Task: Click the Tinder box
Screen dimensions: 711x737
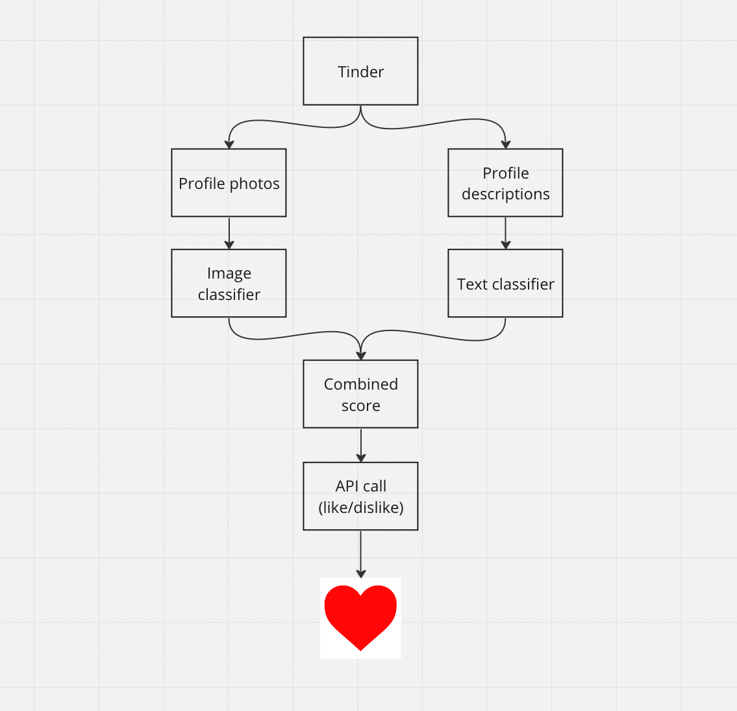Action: [360, 71]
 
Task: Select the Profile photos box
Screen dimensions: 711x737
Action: [229, 182]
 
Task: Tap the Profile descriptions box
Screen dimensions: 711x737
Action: [505, 182]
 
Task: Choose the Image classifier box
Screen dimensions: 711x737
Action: [229, 283]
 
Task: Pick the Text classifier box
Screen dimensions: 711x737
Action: [505, 283]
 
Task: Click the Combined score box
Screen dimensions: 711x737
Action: [360, 393]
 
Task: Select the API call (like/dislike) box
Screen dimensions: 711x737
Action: [360, 495]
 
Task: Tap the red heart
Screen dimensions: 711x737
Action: [360, 617]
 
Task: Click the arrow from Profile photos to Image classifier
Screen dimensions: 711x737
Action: [229, 232]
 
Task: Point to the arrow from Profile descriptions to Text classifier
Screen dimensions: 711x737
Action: [505, 232]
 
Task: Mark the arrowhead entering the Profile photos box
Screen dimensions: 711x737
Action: [229, 144]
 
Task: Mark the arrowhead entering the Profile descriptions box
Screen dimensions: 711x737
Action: [505, 144]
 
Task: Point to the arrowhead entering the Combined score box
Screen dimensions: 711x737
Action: [360, 355]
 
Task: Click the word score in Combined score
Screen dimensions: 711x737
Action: [360, 406]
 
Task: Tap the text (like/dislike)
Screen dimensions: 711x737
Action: [360, 507]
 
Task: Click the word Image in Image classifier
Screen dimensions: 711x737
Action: [229, 273]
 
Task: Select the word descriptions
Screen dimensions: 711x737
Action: [505, 194]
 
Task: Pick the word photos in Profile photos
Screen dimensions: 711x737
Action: [254, 184]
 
